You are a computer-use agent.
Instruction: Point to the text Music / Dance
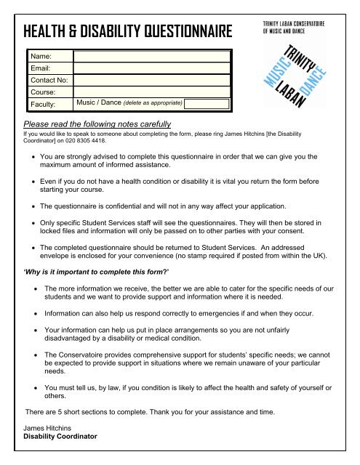[x=99, y=103]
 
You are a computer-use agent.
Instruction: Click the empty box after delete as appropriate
[x=207, y=103]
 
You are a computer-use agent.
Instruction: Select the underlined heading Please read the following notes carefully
[x=97, y=124]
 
